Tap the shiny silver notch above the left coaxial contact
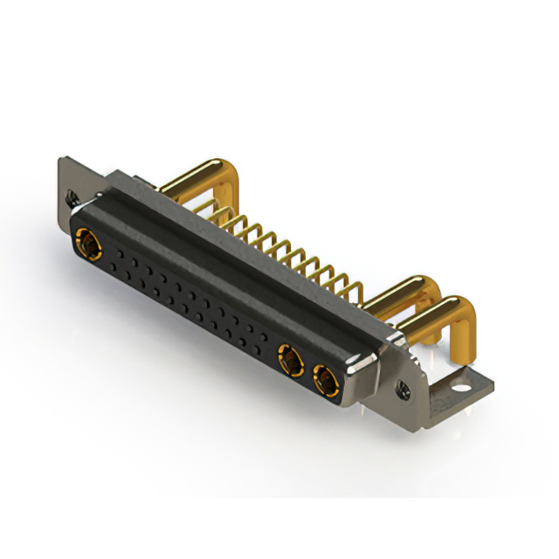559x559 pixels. click(83, 213)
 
